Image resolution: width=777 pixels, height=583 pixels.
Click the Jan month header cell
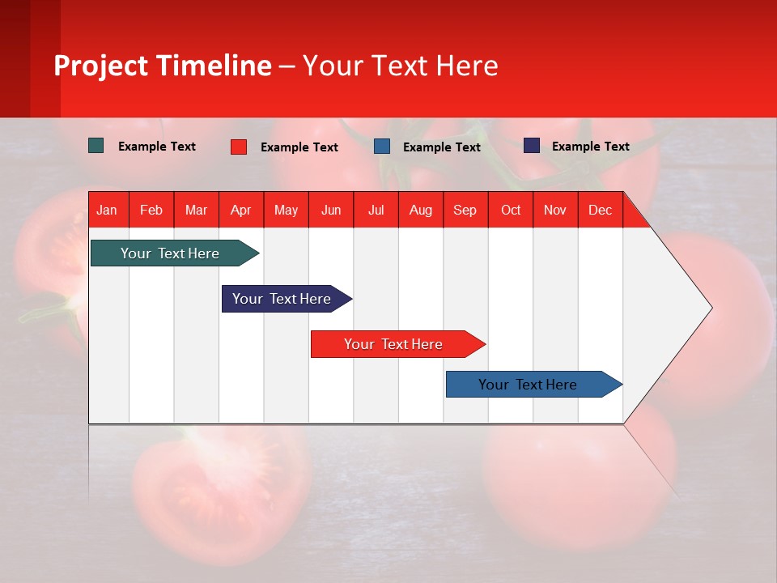(x=107, y=210)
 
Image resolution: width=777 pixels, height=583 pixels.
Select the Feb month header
(x=151, y=210)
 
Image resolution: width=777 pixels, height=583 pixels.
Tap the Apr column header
(x=240, y=210)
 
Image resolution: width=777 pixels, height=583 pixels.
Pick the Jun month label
(x=330, y=210)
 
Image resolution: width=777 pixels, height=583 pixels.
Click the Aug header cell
(x=420, y=210)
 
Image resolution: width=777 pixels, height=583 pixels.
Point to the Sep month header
(x=465, y=210)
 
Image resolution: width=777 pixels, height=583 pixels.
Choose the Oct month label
(x=510, y=210)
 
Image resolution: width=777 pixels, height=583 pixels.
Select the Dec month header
(x=600, y=210)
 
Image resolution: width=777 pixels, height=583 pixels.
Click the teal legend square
(x=96, y=146)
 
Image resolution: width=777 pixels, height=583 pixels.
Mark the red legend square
(x=239, y=147)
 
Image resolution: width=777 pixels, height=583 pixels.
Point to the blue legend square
(x=382, y=147)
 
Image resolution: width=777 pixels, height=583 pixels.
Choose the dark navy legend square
(x=532, y=146)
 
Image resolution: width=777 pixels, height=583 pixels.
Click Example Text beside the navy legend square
(x=590, y=147)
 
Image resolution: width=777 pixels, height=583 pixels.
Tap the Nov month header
(x=554, y=210)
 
